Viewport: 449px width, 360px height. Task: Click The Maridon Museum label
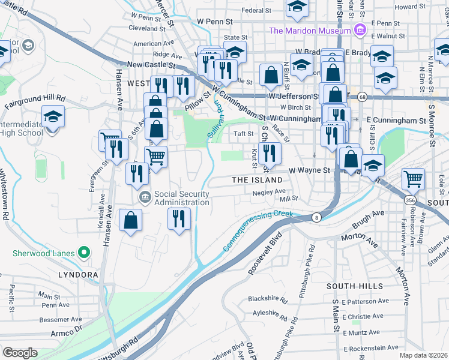(x=309, y=31)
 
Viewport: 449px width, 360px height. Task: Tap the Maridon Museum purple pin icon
(x=360, y=30)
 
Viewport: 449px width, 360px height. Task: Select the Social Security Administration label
(x=181, y=198)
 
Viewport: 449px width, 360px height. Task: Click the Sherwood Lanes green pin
(x=85, y=253)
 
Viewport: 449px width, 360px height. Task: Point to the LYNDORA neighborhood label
(x=78, y=275)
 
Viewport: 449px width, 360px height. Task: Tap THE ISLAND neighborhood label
(x=257, y=180)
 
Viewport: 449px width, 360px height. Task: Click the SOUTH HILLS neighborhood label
(x=355, y=287)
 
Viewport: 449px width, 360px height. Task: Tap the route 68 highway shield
(x=362, y=97)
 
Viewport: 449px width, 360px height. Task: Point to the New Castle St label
(x=151, y=65)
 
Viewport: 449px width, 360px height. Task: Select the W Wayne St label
(x=310, y=170)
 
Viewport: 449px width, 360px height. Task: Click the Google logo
(x=20, y=353)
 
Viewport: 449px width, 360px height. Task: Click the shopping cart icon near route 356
(x=413, y=178)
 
